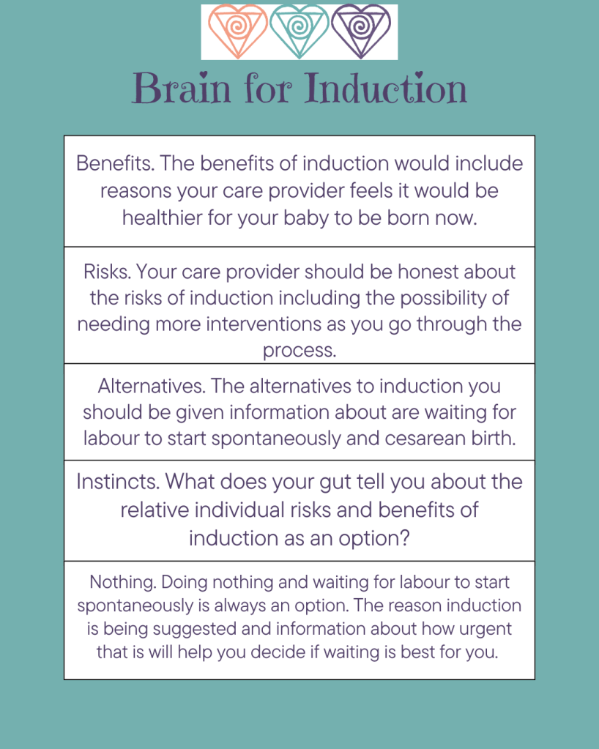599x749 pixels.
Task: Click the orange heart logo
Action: pyautogui.click(x=237, y=31)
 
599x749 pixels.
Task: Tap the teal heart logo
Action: pyautogui.click(x=299, y=31)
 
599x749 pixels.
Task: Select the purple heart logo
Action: pyautogui.click(x=361, y=31)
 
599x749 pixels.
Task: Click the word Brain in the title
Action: pyautogui.click(x=182, y=88)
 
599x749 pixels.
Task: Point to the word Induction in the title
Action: pyautogui.click(x=385, y=88)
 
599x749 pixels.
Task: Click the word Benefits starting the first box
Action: pyautogui.click(x=115, y=163)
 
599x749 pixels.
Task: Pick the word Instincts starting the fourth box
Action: pyautogui.click(x=118, y=482)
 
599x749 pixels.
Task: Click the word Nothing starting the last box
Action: pyautogui.click(x=123, y=582)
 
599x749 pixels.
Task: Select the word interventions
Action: pyautogui.click(x=264, y=324)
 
